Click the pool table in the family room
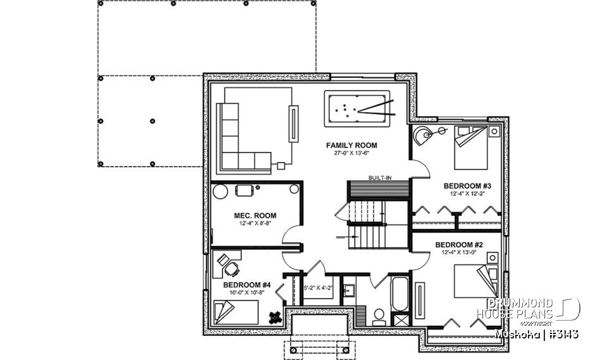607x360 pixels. tap(358, 110)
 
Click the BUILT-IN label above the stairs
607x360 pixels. tap(379, 178)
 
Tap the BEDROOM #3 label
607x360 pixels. tap(467, 186)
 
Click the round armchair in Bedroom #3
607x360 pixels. tap(423, 134)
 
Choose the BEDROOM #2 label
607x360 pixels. tap(459, 244)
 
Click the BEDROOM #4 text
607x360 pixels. tap(247, 285)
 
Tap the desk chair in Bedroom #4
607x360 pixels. tap(232, 268)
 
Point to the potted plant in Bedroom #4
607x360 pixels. tap(275, 317)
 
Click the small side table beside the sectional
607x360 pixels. tap(281, 166)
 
